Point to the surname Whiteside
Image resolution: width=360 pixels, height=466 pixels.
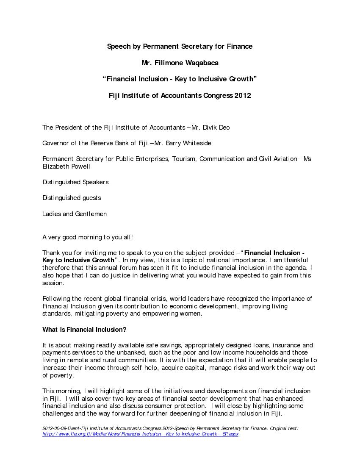pos(197,143)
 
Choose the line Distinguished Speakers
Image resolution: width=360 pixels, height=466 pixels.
pos(75,182)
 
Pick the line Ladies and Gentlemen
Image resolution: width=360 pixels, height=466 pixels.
pos(75,214)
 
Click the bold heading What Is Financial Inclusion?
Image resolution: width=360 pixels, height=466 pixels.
pos(84,330)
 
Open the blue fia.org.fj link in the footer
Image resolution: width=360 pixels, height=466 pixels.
pos(140,434)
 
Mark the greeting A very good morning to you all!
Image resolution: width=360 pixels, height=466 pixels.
pos(88,237)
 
